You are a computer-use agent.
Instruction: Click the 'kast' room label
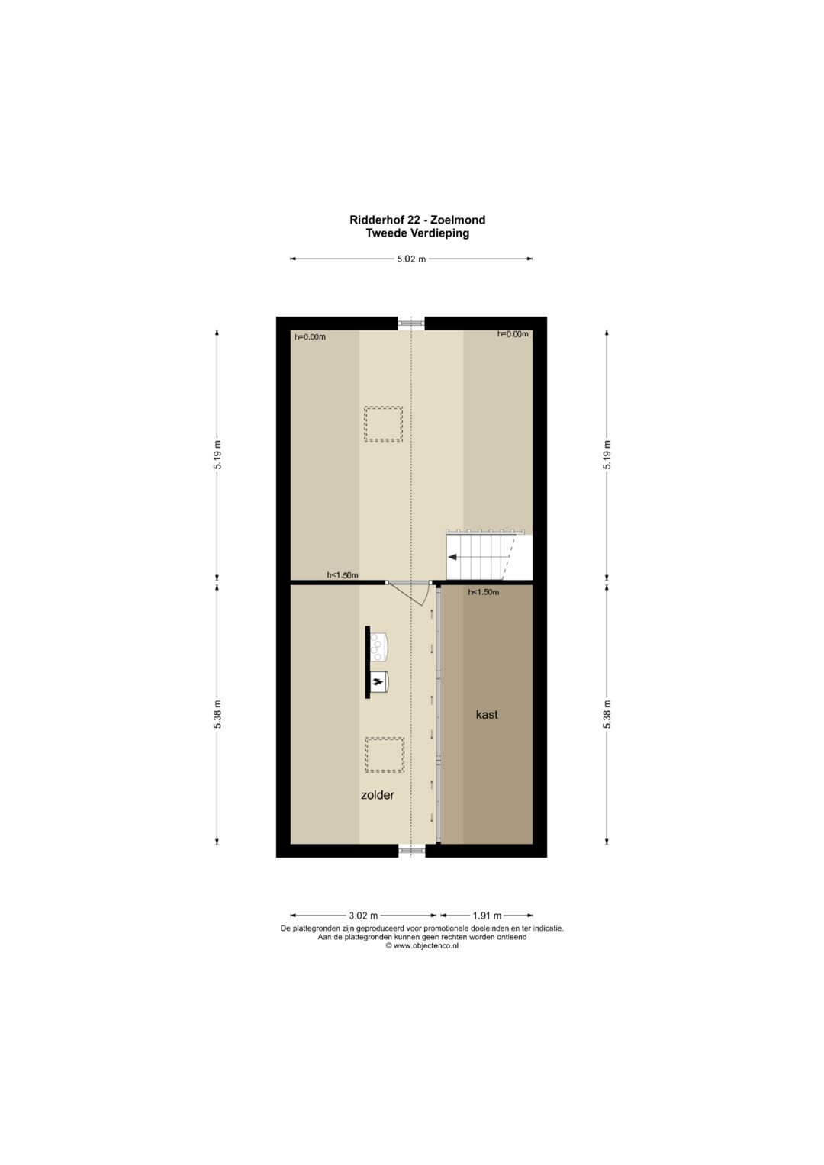pos(487,715)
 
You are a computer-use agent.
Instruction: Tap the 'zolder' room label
pos(378,795)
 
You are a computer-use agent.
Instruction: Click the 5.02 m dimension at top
pos(411,259)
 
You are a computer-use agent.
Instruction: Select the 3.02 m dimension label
pos(363,916)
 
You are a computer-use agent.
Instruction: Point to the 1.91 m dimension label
pos(487,916)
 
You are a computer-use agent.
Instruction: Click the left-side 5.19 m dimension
pos(217,455)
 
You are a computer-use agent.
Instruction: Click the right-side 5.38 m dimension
pos(607,714)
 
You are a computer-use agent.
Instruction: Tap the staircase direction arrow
pos(452,557)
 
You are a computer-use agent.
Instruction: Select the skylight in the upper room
pos(383,423)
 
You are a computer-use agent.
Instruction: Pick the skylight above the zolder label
pos(384,755)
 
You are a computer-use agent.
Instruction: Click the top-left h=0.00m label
pos(310,336)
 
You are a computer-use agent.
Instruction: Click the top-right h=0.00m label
pos(513,333)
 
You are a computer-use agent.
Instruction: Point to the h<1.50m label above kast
pos(484,592)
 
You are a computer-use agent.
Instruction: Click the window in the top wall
pos(411,323)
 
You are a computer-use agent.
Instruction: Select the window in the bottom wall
pos(411,850)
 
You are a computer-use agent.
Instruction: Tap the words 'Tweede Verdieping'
pos(417,233)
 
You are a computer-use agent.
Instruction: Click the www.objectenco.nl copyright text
pos(422,945)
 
